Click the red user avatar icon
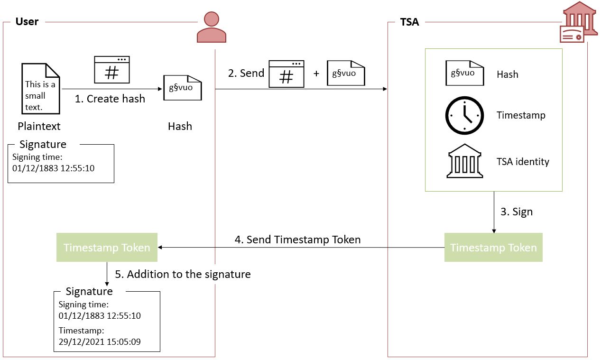coord(211,28)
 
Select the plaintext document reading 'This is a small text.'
coord(41,89)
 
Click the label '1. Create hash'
coord(110,99)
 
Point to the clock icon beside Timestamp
coord(464,116)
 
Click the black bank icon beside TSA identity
coord(464,161)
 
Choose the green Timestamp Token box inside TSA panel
coord(493,248)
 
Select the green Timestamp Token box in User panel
coord(107,248)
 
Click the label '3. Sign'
coord(517,212)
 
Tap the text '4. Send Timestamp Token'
coord(297,240)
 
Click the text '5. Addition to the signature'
coord(183,274)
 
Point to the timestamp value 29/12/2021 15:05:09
coord(100,342)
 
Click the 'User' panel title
coord(27,21)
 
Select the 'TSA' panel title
coord(409,22)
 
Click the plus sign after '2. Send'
coord(316,74)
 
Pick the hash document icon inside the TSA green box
coord(464,74)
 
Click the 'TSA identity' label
coord(523,162)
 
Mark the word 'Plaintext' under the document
coord(39,126)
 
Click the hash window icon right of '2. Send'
coord(286,74)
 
